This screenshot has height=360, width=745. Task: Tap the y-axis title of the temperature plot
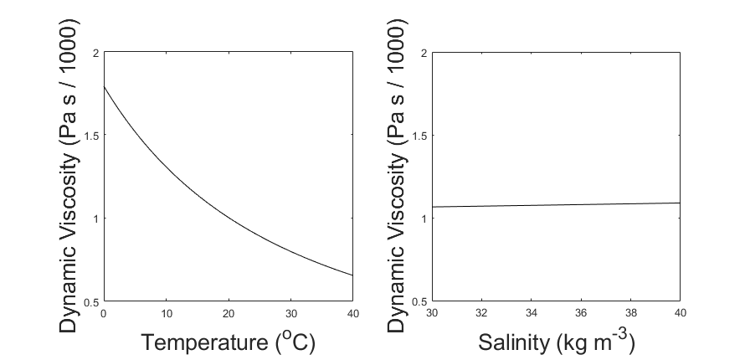pyautogui.click(x=73, y=177)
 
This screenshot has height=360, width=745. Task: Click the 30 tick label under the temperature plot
pyautogui.click(x=290, y=312)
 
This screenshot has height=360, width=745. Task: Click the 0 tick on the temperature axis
pyautogui.click(x=103, y=312)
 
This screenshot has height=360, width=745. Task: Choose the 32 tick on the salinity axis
pyautogui.click(x=480, y=312)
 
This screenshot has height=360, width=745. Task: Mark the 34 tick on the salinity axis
pyautogui.click(x=530, y=312)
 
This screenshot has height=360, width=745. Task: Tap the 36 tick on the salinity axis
pyautogui.click(x=580, y=312)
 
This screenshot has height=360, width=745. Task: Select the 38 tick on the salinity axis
pyautogui.click(x=629, y=312)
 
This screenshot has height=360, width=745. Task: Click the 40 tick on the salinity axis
pyautogui.click(x=679, y=312)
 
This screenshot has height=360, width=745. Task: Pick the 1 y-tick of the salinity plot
pyautogui.click(x=422, y=219)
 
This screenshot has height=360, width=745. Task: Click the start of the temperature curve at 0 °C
pyautogui.click(x=104, y=87)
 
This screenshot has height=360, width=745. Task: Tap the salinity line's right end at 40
pyautogui.click(x=679, y=203)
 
